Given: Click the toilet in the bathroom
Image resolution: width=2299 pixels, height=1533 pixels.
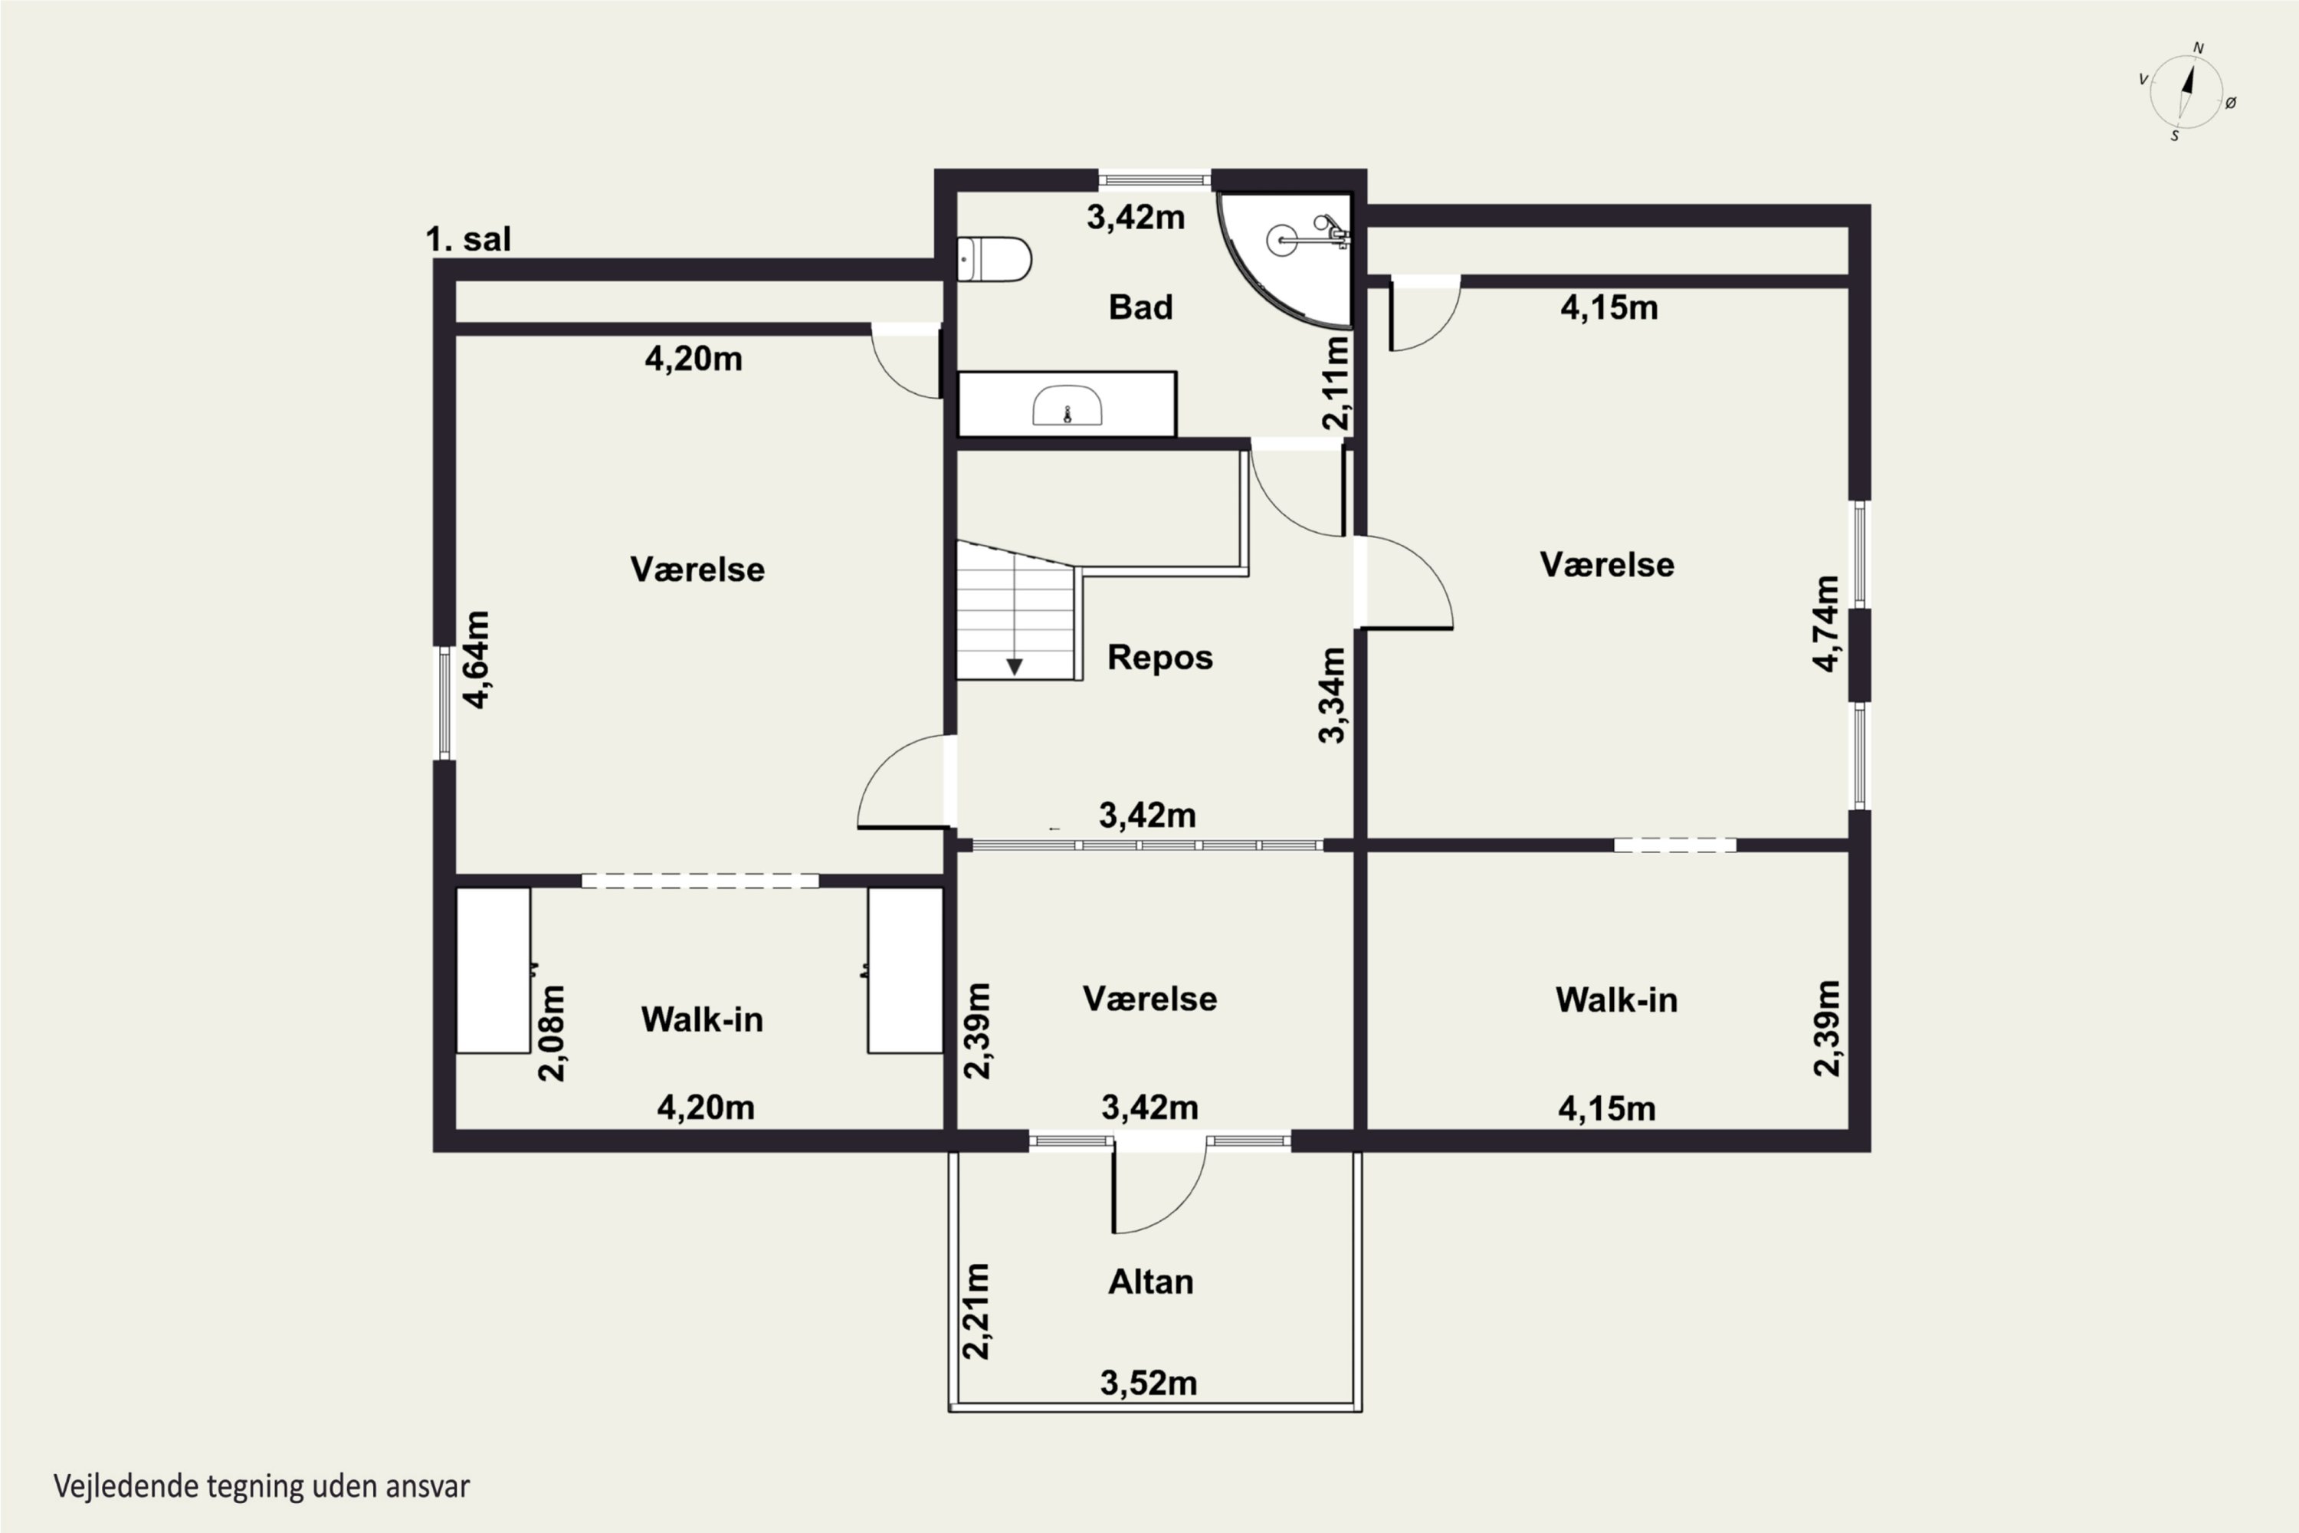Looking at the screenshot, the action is coord(993,259).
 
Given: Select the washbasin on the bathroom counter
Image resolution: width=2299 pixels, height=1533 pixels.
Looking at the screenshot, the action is coord(1068,405).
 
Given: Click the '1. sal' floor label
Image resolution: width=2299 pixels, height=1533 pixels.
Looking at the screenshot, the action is coord(468,238).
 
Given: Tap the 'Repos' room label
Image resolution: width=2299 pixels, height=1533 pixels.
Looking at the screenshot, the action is coord(1159,657).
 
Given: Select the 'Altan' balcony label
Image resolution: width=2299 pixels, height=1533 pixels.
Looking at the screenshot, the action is coord(1150,1281).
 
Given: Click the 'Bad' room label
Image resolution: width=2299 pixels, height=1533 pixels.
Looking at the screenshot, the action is coord(1141,307).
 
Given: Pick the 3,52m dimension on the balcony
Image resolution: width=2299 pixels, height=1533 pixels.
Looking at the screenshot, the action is coord(1149,1383).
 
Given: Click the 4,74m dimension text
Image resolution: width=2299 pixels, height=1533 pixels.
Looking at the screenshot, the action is coord(1826,624).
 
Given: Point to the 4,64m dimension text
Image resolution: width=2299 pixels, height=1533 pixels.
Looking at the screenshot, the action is coord(477,659).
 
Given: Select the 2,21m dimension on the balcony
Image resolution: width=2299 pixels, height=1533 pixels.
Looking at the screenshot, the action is coord(976,1311).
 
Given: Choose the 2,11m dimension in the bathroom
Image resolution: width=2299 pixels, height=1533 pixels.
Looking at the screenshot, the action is coord(1336,383).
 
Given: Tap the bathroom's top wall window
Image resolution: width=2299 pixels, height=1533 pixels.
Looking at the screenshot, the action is coord(1154,180).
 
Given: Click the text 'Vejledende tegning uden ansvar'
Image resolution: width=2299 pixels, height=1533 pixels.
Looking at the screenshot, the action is coord(262,1486).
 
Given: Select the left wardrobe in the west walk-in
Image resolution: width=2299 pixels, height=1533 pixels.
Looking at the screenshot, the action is coord(494,970).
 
